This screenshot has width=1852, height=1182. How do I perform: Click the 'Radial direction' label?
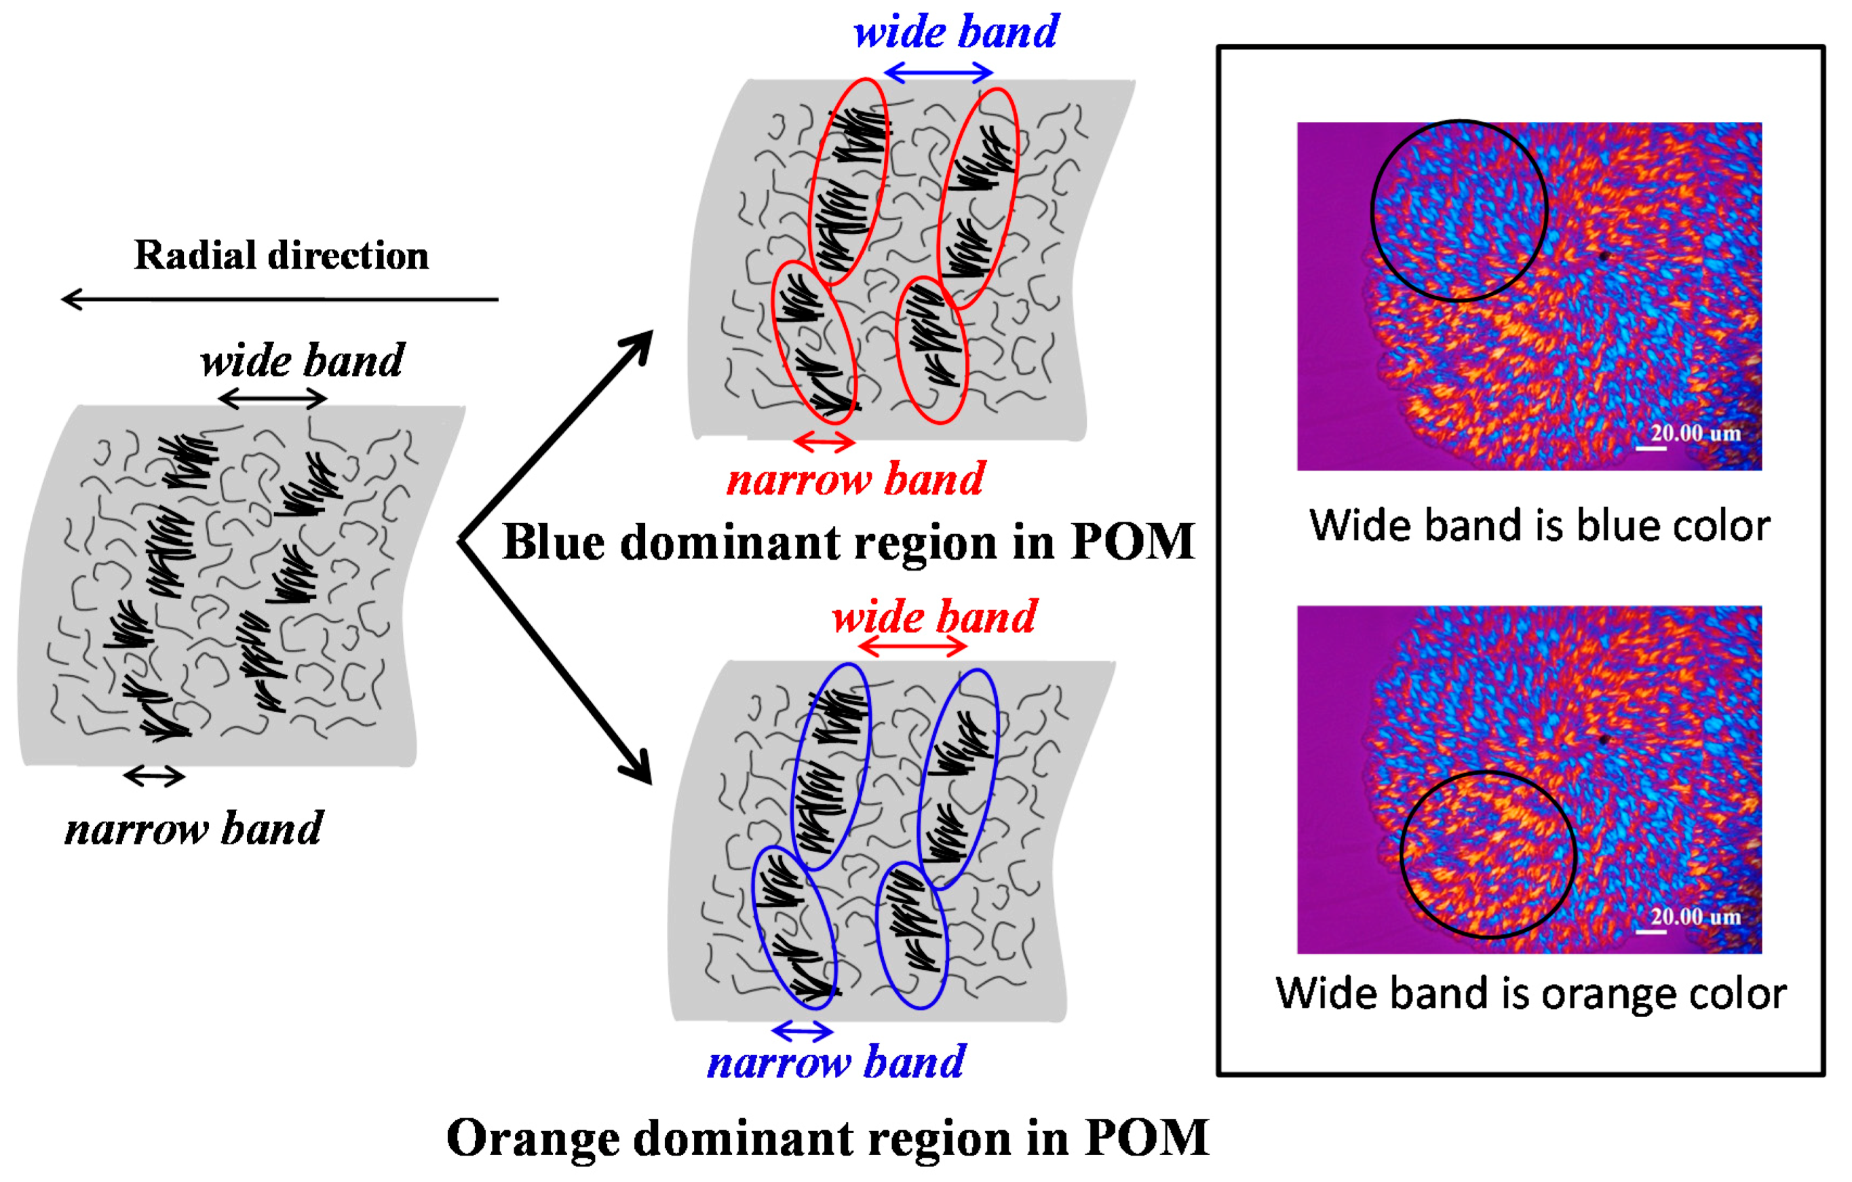click(x=281, y=255)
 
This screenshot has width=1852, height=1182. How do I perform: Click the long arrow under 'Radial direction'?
click(x=279, y=299)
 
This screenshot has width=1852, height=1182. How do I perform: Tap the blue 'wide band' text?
click(x=955, y=33)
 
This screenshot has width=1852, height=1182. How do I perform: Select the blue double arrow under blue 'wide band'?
click(x=938, y=73)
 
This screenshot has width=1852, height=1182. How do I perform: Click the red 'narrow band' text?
click(x=855, y=480)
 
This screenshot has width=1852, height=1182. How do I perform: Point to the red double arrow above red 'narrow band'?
click(x=824, y=442)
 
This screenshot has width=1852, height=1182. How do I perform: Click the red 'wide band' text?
click(x=934, y=617)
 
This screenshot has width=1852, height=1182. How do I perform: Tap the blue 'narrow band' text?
click(x=835, y=1063)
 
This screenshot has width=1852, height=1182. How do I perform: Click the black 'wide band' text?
click(x=301, y=361)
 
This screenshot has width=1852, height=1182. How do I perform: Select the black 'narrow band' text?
click(x=194, y=829)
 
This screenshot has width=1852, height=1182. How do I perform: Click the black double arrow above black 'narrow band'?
click(x=154, y=776)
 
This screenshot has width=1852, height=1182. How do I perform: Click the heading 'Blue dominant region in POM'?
click(x=848, y=542)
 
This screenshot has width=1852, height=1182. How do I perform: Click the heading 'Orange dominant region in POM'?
click(x=828, y=1138)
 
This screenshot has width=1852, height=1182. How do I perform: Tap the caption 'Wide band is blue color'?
click(x=1539, y=526)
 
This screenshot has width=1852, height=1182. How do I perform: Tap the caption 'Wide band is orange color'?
click(x=1530, y=993)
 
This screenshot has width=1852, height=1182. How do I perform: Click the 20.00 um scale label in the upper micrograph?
click(x=1695, y=433)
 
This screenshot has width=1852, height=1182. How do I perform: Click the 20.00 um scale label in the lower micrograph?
click(x=1695, y=917)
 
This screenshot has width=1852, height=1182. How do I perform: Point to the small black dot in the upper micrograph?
click(x=1603, y=256)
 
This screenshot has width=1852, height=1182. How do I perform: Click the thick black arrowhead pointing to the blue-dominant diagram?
click(x=638, y=347)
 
